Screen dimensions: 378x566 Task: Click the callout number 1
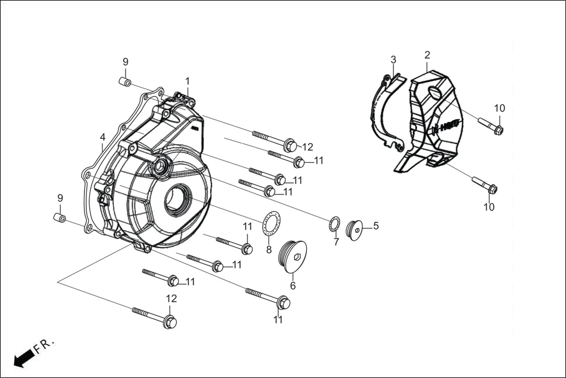[x=188, y=80]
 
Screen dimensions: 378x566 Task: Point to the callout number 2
[x=427, y=55]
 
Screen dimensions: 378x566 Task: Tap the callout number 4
[x=103, y=137]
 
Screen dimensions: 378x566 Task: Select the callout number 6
[x=293, y=286]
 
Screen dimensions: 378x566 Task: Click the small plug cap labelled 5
[x=354, y=229]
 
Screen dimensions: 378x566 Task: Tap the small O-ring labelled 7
[x=334, y=224]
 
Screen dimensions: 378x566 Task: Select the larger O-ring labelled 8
[x=271, y=224]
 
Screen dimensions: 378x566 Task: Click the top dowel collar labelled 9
[x=125, y=81]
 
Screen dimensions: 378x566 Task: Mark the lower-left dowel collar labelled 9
[x=59, y=218]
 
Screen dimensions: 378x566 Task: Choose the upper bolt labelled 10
[x=491, y=125]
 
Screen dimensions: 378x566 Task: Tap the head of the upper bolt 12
[x=290, y=145]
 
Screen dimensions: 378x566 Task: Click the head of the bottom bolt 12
[x=170, y=322]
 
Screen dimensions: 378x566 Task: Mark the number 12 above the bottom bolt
[x=171, y=298]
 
